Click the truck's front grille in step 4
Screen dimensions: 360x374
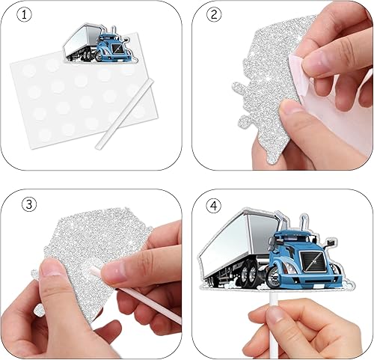[312, 262]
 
